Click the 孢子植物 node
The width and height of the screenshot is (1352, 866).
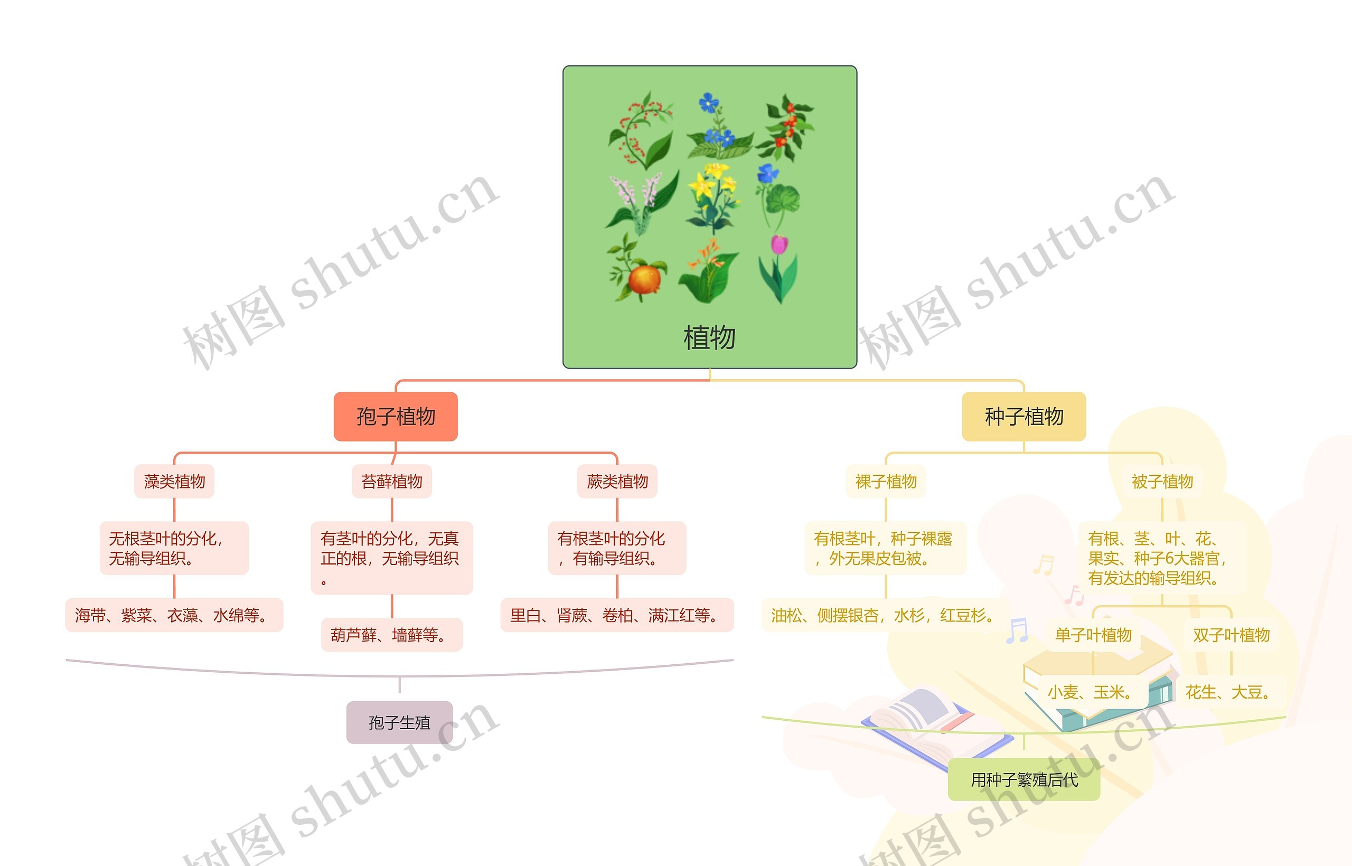click(396, 417)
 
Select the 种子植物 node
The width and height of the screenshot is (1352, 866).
click(1024, 417)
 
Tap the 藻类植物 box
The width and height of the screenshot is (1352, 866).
click(174, 482)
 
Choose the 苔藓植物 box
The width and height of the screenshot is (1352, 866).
click(391, 482)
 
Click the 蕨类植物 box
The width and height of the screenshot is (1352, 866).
click(617, 482)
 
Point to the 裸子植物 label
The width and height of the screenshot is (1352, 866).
click(886, 482)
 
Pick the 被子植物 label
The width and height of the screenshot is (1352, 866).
click(1162, 482)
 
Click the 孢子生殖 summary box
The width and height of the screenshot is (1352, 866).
click(399, 722)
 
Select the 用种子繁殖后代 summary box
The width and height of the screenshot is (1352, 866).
click(1024, 780)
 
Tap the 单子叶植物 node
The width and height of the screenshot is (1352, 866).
click(1093, 635)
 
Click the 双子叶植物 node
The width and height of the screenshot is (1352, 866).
click(1231, 635)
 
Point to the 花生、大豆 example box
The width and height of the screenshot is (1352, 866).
click(1227, 692)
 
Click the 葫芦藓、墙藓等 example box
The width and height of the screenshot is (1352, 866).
click(391, 635)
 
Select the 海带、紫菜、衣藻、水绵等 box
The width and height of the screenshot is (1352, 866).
click(174, 615)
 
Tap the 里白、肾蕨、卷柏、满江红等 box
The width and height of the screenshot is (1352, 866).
click(617, 615)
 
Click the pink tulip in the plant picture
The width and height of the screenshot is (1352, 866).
click(779, 246)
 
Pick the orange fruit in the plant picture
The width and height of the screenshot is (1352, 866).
click(644, 279)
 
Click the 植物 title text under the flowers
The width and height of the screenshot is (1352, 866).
click(709, 337)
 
